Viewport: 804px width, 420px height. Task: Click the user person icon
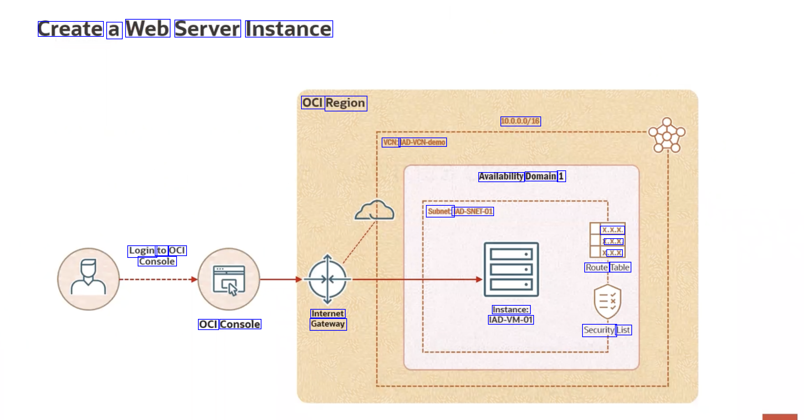88,279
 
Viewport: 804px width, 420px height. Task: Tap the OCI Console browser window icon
229,279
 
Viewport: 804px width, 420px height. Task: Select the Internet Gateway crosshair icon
327,279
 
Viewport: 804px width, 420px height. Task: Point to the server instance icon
511,269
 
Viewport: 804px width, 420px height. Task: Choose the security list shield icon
607,301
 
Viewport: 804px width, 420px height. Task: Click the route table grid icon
607,240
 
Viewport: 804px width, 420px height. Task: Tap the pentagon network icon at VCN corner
667,135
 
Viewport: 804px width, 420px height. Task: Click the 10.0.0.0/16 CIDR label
520,121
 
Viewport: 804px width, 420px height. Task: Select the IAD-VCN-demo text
423,142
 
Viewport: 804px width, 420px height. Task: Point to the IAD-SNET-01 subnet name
474,211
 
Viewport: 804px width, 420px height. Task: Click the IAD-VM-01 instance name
511,320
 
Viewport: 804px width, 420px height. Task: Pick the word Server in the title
208,29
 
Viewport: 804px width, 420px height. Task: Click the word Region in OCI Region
346,103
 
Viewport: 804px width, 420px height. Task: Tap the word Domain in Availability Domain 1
541,176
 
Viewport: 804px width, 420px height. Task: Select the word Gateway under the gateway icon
328,324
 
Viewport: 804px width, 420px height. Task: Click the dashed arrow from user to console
157,279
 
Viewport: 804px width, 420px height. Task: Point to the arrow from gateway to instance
414,279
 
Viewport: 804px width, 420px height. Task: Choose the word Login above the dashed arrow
142,251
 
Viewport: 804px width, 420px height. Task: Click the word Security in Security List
599,330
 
